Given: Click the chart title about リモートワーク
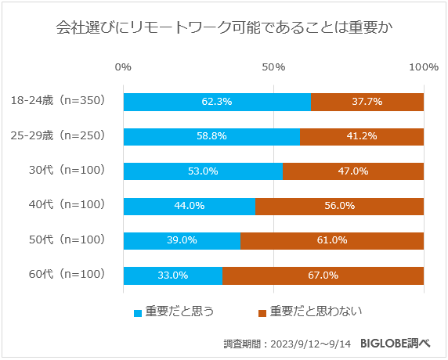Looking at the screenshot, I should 224,29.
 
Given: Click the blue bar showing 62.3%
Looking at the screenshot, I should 217,102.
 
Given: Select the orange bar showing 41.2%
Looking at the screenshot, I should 362,136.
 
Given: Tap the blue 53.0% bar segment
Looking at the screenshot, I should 203,171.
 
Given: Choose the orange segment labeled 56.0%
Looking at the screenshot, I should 339,206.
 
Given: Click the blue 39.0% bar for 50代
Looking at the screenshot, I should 182,240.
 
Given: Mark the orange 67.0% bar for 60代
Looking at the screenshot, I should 323,275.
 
